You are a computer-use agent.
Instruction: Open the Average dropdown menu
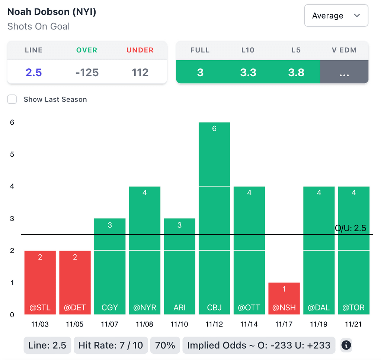point(336,16)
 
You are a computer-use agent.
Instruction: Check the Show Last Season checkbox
point(12,99)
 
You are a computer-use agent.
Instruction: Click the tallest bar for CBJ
point(214,218)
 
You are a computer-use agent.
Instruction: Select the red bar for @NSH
point(284,298)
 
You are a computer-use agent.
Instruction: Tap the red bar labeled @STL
point(40,282)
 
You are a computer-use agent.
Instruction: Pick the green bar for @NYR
point(145,250)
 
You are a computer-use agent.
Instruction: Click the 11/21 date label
point(353,324)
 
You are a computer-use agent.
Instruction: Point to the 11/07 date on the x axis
point(109,324)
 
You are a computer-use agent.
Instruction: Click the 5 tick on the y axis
point(12,154)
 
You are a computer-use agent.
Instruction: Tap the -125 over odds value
point(87,72)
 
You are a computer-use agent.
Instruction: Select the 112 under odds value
point(140,72)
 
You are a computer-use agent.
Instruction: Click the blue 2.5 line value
point(33,72)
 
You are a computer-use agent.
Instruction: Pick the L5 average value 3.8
point(296,72)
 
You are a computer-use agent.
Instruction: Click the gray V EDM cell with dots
point(344,72)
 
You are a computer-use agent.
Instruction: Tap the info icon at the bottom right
point(346,345)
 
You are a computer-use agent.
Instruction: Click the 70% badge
point(165,345)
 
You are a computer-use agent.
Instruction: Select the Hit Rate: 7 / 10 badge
point(111,345)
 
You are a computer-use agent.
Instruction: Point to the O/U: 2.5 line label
point(351,228)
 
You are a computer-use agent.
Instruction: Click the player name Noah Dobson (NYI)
point(52,12)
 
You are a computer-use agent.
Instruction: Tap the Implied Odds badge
point(259,345)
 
